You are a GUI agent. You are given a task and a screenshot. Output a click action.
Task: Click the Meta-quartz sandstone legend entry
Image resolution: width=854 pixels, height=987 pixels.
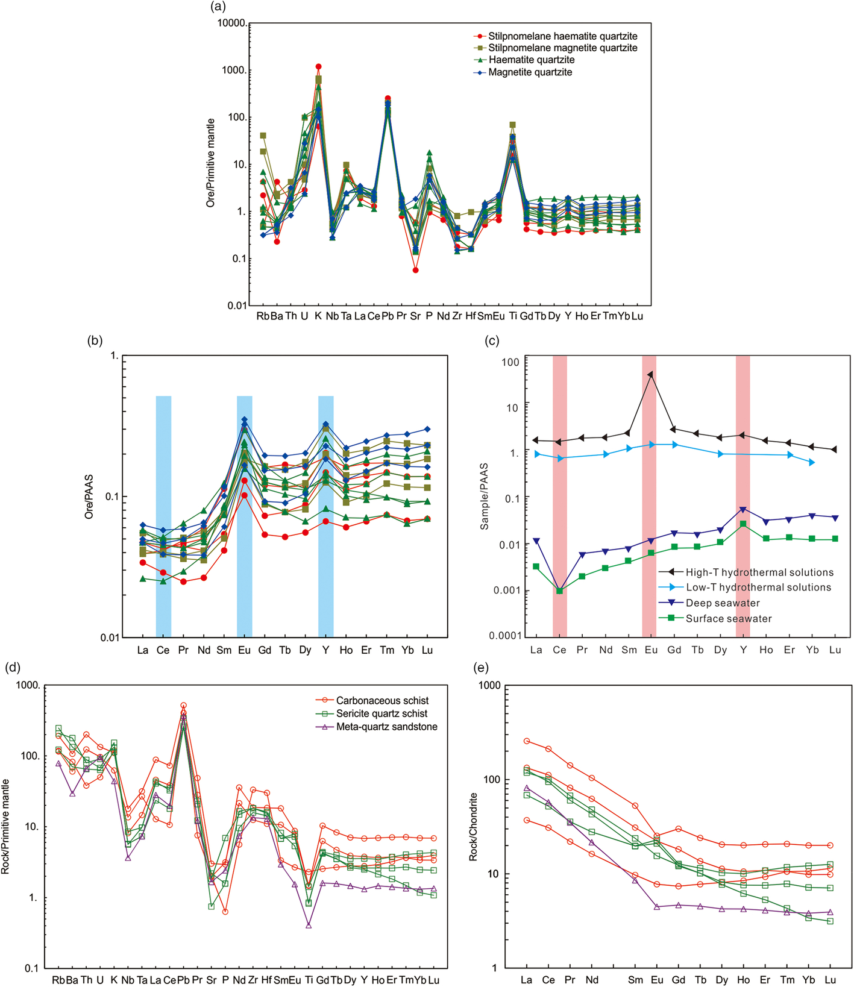coord(377,727)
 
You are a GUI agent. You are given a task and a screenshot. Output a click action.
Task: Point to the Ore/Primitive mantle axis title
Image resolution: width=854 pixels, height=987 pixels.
coord(210,163)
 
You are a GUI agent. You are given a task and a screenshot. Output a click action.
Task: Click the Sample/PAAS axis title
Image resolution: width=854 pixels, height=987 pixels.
coord(485,497)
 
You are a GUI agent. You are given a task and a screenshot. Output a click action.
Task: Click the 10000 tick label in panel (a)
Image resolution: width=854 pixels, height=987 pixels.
coord(231,23)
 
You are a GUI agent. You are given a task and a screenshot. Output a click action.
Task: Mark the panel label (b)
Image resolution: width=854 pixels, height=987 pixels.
coord(95,340)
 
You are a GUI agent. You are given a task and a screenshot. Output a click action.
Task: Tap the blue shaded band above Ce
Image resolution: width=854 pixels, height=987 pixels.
coord(163,516)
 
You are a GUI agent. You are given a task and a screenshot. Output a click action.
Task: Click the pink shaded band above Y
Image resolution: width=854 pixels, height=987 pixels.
coord(743,496)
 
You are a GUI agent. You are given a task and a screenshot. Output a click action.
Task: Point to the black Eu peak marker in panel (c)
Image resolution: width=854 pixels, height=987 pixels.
coord(650,374)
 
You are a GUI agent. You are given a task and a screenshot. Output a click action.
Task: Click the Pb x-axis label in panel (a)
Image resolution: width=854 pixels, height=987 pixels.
coord(388,316)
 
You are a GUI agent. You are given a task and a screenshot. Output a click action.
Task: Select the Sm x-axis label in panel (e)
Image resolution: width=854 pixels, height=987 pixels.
coord(635,979)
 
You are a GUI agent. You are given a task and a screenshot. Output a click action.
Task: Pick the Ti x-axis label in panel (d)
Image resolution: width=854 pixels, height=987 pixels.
coord(309,980)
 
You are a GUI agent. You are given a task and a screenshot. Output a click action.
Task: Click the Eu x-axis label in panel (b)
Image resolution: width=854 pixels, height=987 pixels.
coord(244,650)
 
